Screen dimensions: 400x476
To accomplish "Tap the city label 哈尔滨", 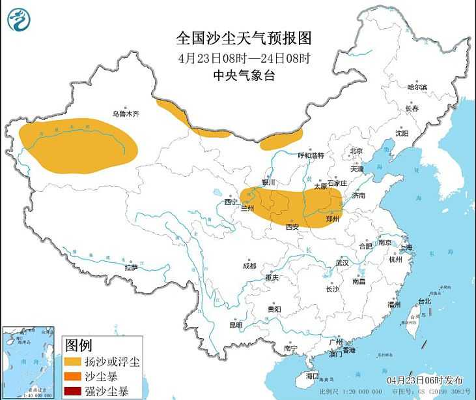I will (417, 87).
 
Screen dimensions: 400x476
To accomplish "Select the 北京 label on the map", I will (356, 151).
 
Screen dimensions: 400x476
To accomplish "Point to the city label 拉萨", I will (131, 267).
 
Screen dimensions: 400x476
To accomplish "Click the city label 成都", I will (249, 266).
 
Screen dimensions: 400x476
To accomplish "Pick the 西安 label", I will (292, 226).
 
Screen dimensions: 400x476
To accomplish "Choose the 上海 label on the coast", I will (405, 247).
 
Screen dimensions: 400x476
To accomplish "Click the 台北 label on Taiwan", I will (425, 301).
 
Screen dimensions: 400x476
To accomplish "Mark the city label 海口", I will (313, 377).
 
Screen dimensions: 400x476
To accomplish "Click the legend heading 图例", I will (79, 345).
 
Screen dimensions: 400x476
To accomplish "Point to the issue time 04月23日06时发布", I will (424, 380).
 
